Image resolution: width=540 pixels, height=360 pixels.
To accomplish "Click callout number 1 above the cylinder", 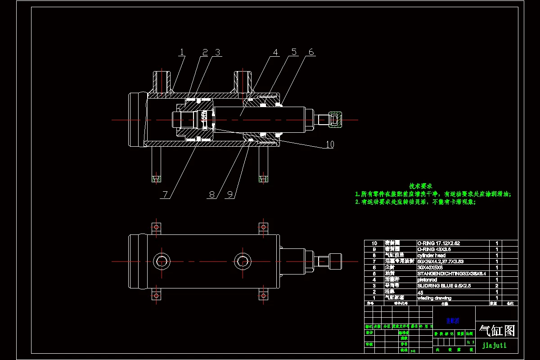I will [x=182, y=53].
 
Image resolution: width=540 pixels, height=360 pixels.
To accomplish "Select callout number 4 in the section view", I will [x=275, y=53].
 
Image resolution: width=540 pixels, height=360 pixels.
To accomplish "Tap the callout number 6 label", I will [x=310, y=53].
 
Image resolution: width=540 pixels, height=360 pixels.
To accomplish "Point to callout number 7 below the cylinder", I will [x=165, y=194].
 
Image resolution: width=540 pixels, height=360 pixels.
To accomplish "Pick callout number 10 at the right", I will [x=330, y=144].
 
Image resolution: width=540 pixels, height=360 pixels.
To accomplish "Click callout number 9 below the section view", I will [x=230, y=194].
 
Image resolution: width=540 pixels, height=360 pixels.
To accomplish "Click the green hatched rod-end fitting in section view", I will [x=336, y=120].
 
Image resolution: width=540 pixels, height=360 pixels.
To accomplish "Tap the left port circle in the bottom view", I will [x=162, y=261].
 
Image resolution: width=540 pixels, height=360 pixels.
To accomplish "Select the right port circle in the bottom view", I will [x=243, y=261].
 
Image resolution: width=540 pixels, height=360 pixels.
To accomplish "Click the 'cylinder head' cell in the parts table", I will [x=432, y=255].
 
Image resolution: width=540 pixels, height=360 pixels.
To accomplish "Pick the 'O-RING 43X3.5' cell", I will [x=434, y=249].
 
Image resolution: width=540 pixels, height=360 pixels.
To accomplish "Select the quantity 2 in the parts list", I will [x=497, y=285].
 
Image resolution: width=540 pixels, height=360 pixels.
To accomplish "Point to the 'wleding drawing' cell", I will [x=434, y=298].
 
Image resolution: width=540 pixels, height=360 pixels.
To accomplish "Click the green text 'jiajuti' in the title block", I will [x=494, y=346].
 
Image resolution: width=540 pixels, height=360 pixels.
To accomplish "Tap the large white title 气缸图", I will [x=497, y=331].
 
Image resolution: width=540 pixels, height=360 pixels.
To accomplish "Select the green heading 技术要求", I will [x=421, y=186].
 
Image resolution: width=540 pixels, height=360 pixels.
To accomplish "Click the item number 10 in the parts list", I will [x=373, y=243].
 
